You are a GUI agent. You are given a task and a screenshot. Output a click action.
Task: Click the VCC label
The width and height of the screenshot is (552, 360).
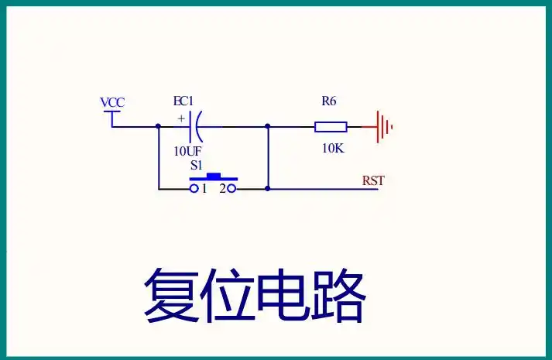[x=112, y=102]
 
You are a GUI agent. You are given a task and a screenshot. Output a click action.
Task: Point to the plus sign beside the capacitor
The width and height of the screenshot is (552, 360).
[x=181, y=118]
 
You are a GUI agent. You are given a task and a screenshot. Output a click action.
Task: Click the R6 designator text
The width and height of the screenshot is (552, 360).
[x=329, y=101]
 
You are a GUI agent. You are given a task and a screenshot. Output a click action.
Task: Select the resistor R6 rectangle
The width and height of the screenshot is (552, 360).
[x=331, y=126]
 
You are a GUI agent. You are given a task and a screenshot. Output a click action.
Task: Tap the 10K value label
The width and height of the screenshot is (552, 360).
[x=332, y=148]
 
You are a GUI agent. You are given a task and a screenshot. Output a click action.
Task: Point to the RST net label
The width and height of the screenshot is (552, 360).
[x=373, y=181]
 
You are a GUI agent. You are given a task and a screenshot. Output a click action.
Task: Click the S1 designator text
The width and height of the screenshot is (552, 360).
[x=197, y=166]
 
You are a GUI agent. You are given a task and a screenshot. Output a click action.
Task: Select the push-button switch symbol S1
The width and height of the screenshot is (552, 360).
[x=213, y=182]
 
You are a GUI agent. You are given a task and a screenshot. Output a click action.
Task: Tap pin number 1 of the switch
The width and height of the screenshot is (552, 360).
[x=204, y=188]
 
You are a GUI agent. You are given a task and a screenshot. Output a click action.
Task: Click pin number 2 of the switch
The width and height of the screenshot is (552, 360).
[x=221, y=188]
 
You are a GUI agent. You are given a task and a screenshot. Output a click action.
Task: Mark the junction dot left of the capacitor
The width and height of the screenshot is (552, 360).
[x=158, y=126]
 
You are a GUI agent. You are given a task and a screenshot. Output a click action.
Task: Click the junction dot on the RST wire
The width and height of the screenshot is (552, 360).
[x=268, y=188]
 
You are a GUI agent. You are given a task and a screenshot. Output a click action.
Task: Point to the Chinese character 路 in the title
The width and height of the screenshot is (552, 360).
[x=338, y=295]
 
